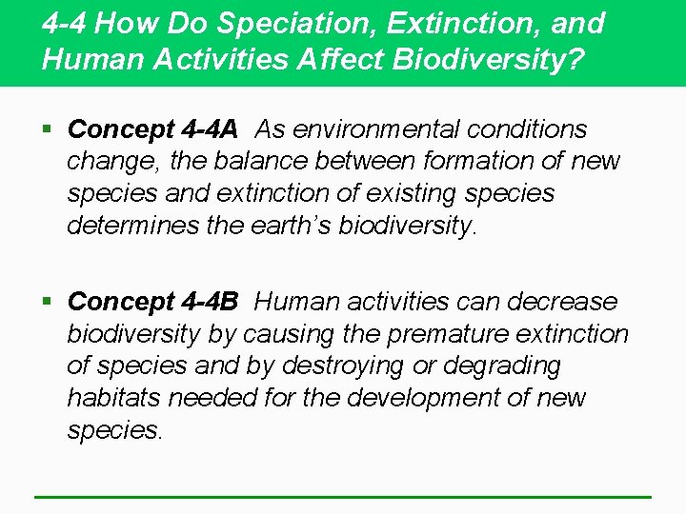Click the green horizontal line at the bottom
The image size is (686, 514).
click(343, 496)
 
